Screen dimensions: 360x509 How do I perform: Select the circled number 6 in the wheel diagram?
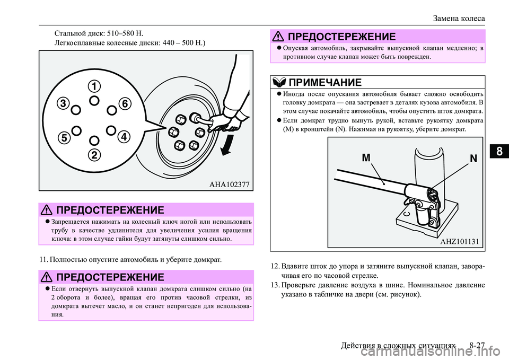pos(125,104)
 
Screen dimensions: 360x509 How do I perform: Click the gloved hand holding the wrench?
pos(233,113)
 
